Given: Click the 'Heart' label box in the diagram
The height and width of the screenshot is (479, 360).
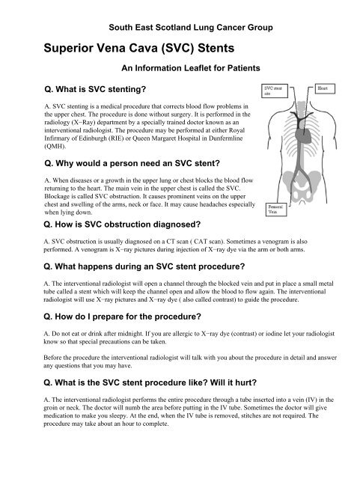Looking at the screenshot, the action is (325, 88).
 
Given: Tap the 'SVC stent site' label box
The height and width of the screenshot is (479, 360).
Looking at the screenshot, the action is (275, 91).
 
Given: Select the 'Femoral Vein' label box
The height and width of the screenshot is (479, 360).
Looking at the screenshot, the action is (276, 210).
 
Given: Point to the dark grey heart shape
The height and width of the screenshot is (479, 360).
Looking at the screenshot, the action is (303, 135).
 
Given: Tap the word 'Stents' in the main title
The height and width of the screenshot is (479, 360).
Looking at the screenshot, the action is (216, 48).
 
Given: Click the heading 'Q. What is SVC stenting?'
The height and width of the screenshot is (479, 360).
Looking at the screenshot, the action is (95, 90).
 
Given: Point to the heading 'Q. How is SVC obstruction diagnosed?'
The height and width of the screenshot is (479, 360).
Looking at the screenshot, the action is (122, 225).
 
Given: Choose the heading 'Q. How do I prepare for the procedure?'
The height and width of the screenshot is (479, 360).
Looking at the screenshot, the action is (123, 317).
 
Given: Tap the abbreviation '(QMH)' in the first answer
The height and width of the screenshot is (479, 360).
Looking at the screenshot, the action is (55, 146).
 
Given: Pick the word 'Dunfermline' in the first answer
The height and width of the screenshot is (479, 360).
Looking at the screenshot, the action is (228, 138).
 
